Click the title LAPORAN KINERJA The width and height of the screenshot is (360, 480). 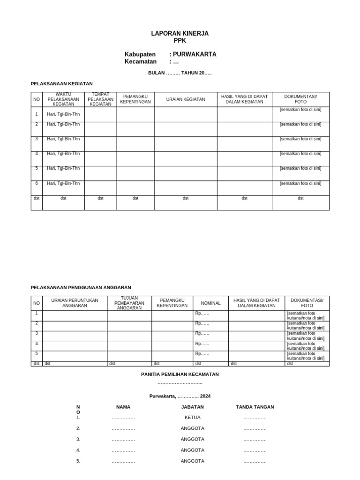pyautogui.click(x=180, y=34)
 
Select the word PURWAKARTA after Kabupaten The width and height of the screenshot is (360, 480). pyautogui.click(x=195, y=54)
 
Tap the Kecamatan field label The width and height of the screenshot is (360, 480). pyautogui.click(x=140, y=62)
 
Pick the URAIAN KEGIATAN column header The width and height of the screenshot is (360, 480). pyautogui.click(x=186, y=99)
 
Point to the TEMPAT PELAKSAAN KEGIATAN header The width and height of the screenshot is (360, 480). pyautogui.click(x=100, y=99)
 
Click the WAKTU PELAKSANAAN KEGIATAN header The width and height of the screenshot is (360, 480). pyautogui.click(x=63, y=99)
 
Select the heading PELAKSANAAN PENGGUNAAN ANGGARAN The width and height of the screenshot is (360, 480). pyautogui.click(x=81, y=287)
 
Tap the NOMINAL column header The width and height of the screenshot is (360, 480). pyautogui.click(x=210, y=303)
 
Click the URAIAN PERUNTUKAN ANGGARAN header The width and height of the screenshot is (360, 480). pyautogui.click(x=75, y=303)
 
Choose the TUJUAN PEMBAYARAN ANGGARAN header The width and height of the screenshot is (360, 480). pyautogui.click(x=129, y=303)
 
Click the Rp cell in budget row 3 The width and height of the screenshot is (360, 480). pyautogui.click(x=202, y=333)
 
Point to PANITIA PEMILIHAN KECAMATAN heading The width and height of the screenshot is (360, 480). pyautogui.click(x=180, y=374)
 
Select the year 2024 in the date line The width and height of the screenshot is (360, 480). pyautogui.click(x=205, y=396)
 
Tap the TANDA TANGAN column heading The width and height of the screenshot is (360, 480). pyautogui.click(x=255, y=407)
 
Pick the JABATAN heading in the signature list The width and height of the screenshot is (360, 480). pyautogui.click(x=192, y=407)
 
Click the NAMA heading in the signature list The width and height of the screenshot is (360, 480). pyautogui.click(x=123, y=407)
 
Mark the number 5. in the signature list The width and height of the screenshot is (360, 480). pyautogui.click(x=78, y=461)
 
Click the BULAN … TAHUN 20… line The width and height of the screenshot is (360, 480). pyautogui.click(x=180, y=73)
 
